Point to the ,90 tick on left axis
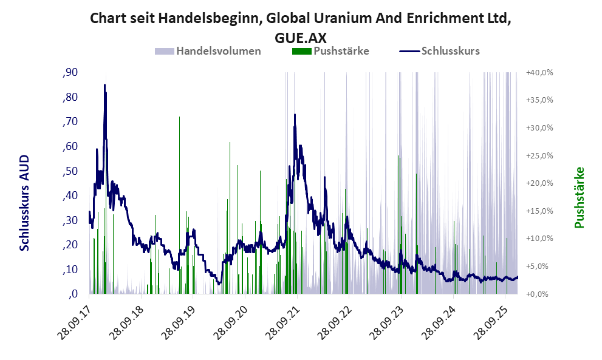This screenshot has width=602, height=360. click(70, 73)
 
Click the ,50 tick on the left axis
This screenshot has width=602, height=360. click(70, 171)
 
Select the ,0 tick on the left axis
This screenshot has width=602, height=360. click(73, 294)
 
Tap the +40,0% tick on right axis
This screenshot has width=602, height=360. click(539, 73)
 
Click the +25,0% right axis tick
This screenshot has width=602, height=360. click(539, 156)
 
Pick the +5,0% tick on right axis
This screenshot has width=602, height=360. click(539, 267)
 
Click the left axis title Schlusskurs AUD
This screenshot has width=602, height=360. click(25, 203)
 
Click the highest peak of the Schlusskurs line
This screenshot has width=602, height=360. click(104, 85)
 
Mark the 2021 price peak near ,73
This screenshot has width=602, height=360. click(295, 115)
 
